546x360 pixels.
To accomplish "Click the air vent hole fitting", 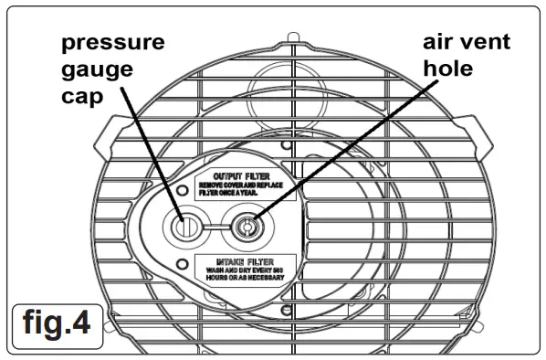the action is coord(246,224).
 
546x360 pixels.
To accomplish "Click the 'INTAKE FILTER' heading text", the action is coord(243,260).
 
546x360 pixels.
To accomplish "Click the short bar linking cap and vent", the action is coord(215,224).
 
